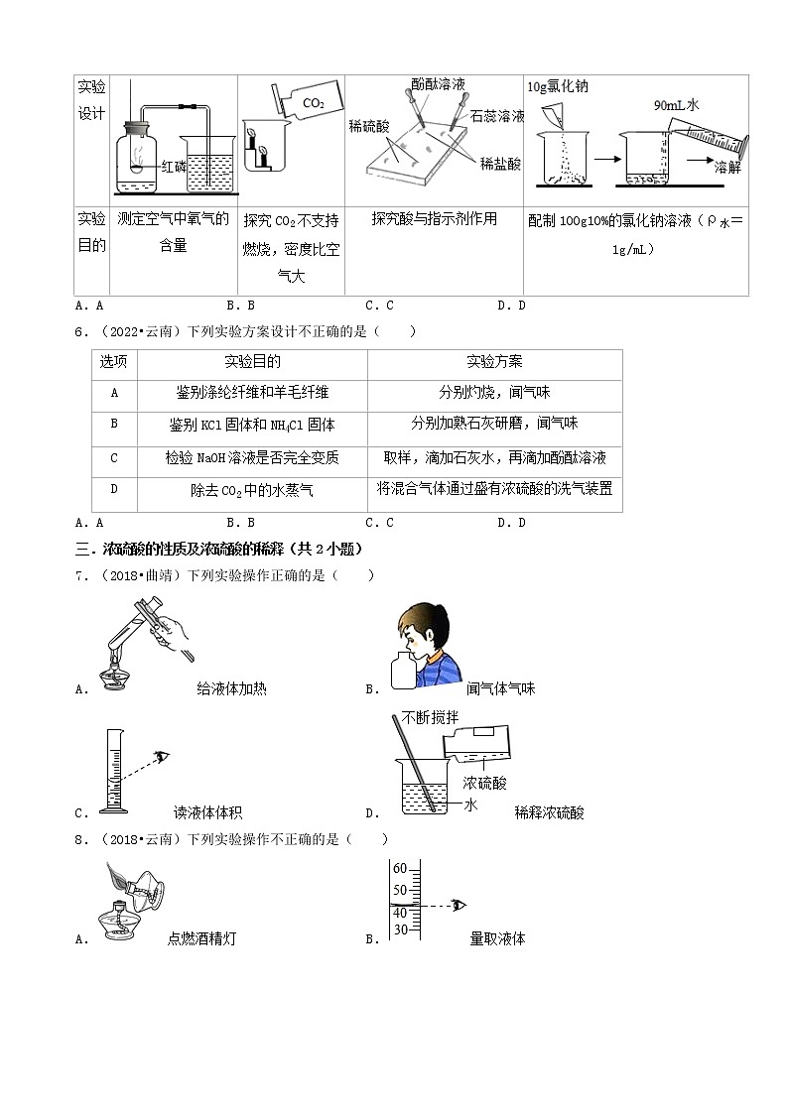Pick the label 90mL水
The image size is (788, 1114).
(677, 103)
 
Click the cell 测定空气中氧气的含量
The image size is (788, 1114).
(173, 231)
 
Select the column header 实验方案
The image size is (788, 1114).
(494, 362)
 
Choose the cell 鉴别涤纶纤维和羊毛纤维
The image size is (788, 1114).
(252, 393)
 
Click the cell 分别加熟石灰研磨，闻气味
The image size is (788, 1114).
(494, 424)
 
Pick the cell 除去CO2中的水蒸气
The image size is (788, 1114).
(252, 489)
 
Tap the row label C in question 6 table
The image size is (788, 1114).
(114, 457)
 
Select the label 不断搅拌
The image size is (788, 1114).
(426, 718)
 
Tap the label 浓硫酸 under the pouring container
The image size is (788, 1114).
(484, 784)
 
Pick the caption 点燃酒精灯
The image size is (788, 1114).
(201, 938)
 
